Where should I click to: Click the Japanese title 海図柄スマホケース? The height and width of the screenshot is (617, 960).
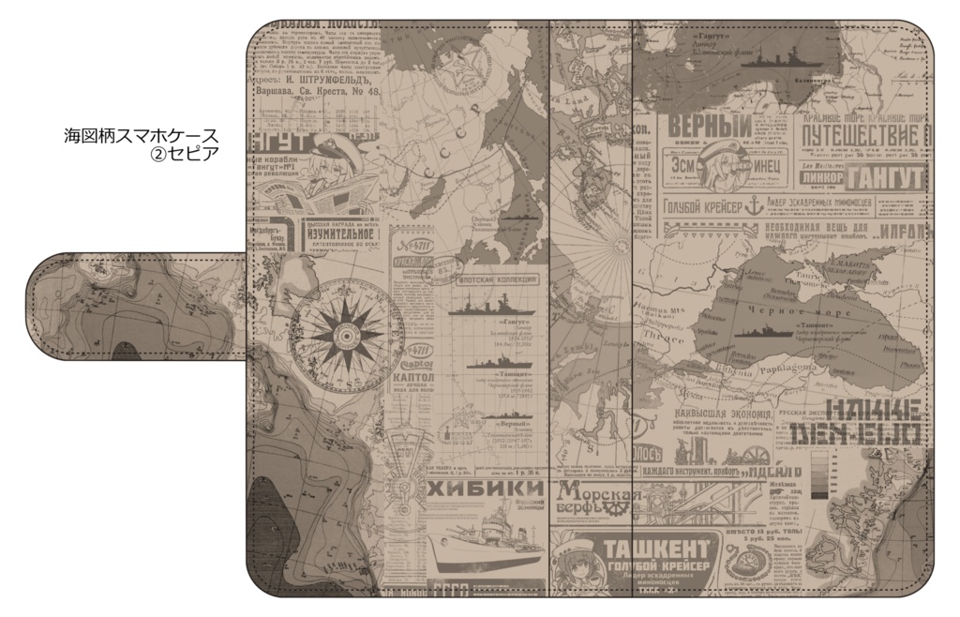(x=141, y=135)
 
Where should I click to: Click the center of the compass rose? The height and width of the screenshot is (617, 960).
(x=346, y=330)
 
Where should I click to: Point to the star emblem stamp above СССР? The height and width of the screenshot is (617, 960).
(x=466, y=70)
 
